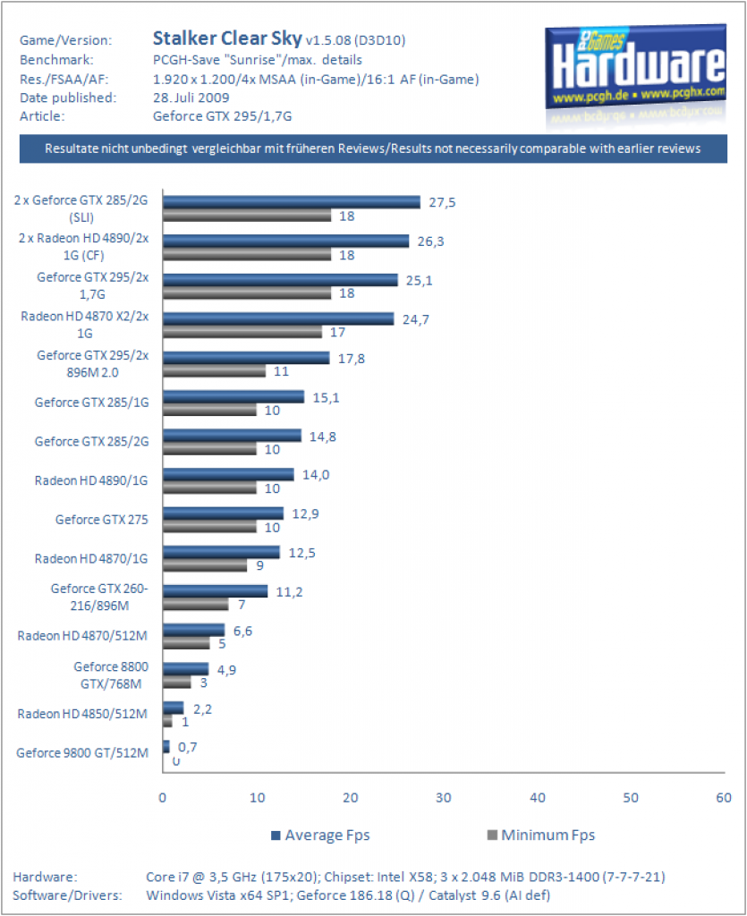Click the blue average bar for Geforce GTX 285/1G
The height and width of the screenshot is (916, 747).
tap(233, 397)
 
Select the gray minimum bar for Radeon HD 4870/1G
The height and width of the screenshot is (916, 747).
tap(205, 565)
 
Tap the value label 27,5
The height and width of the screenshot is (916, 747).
tap(442, 203)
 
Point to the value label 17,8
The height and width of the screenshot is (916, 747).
tap(351, 359)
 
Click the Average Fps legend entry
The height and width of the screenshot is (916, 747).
tap(320, 835)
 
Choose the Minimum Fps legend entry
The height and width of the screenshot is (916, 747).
tap(541, 835)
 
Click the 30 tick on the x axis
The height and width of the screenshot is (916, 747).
tap(444, 798)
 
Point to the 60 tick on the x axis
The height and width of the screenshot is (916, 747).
tap(724, 798)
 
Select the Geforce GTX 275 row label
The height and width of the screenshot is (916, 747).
tap(102, 520)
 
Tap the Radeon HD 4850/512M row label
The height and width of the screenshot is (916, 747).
tap(82, 714)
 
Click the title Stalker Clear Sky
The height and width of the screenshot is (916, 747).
tap(227, 38)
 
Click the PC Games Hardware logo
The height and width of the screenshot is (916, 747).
tap(636, 68)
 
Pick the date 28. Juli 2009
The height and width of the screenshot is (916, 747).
tap(191, 98)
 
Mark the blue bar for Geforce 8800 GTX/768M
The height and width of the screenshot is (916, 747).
tap(186, 669)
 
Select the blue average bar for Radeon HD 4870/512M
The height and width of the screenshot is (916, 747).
tap(194, 630)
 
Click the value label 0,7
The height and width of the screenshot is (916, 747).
tap(188, 747)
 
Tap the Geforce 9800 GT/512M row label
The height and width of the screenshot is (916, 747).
tap(82, 753)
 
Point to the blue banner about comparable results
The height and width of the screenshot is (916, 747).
tap(373, 149)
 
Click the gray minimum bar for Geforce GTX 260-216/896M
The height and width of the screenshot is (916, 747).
tap(196, 605)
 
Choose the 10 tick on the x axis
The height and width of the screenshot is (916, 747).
tap(257, 798)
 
